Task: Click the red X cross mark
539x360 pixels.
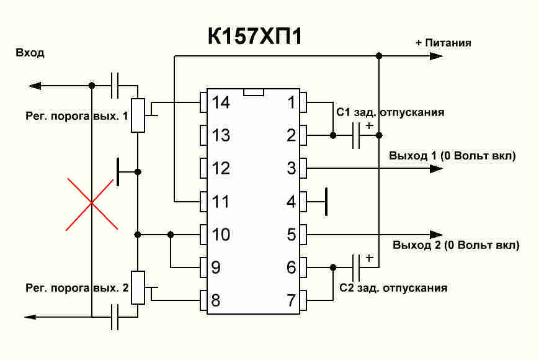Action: [x=91, y=203]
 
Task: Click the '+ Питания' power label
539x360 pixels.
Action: [x=443, y=43]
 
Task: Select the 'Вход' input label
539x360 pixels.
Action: [x=30, y=53]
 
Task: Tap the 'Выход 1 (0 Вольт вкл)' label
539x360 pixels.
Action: [x=453, y=155]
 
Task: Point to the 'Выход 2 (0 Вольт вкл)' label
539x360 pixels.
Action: [x=457, y=245]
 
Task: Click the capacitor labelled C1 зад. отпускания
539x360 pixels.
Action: [x=356, y=135]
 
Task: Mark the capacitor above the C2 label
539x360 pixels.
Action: [x=356, y=268]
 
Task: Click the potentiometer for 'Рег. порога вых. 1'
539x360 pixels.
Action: [x=138, y=115]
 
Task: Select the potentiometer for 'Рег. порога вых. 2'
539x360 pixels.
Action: [x=138, y=287]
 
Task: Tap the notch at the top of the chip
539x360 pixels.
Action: [x=254, y=92]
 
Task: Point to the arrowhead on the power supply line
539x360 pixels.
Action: [x=435, y=56]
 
